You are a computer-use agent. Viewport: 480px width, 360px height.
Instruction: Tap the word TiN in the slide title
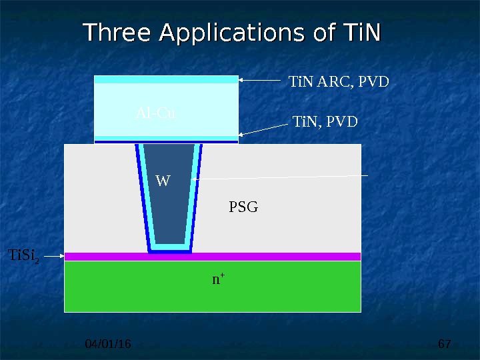click(360, 33)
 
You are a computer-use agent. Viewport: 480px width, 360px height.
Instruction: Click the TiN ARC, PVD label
click(338, 83)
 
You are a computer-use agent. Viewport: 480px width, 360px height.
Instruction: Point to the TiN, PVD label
click(325, 122)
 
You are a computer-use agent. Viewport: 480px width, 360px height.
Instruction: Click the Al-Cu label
click(155, 113)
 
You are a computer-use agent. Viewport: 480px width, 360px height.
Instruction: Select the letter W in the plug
click(163, 181)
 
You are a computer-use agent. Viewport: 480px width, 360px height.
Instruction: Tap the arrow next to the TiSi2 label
click(54, 255)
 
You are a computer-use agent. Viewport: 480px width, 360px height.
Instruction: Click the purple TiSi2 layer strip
click(280, 257)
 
